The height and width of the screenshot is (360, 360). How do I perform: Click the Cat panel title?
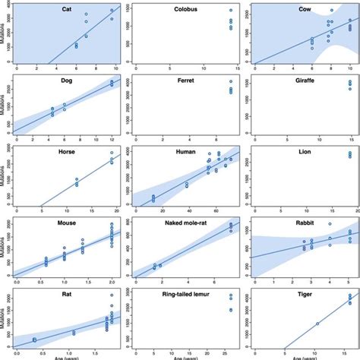pyautogui.click(x=67, y=9)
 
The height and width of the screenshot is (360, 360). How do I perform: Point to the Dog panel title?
pyautogui.click(x=67, y=81)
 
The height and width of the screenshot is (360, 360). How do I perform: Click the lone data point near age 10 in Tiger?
pyautogui.click(x=317, y=324)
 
